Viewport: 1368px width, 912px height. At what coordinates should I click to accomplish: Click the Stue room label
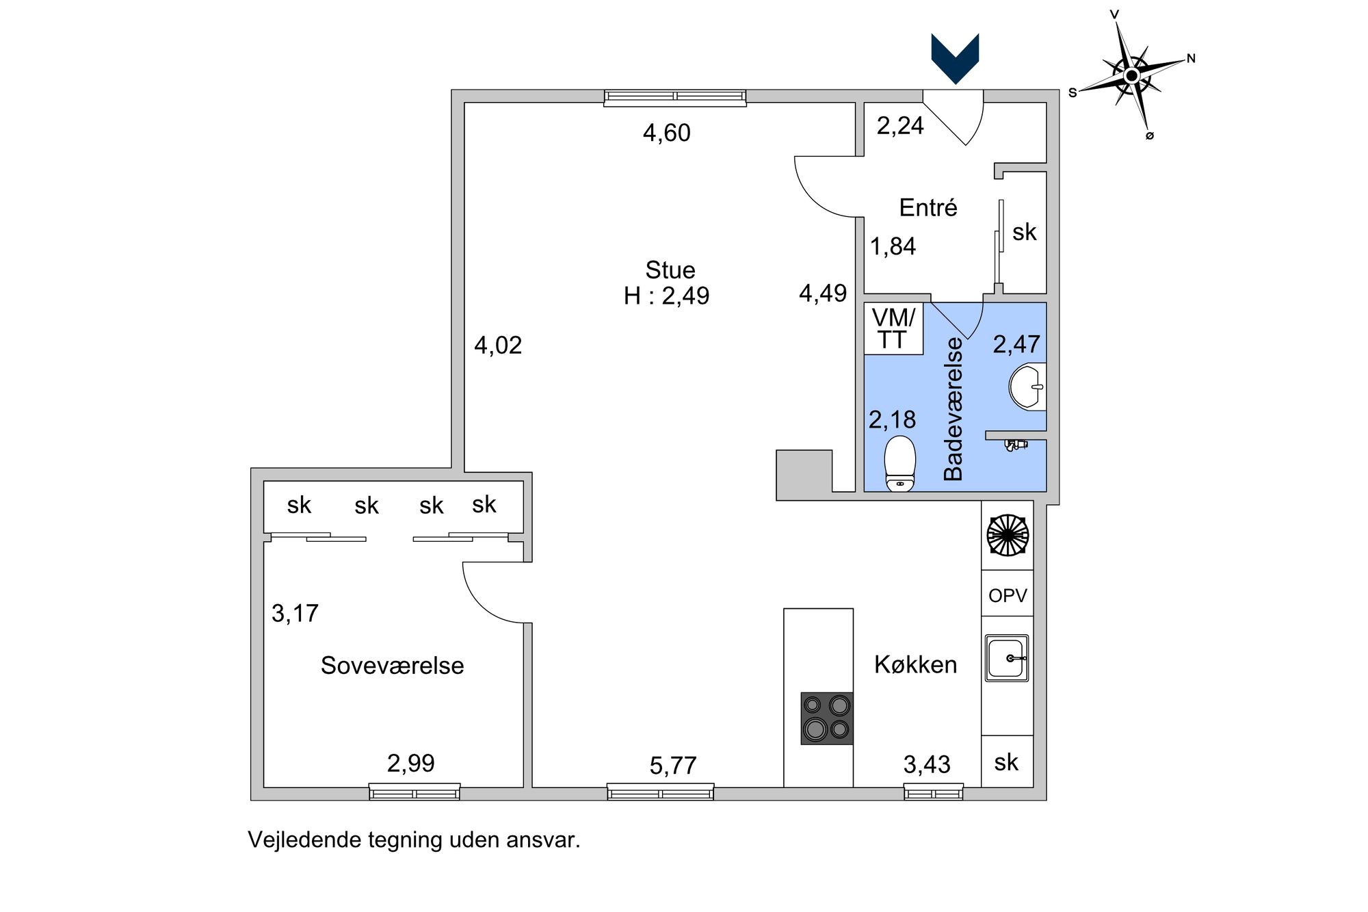click(x=670, y=270)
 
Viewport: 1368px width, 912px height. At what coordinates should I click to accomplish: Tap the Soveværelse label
click(x=392, y=665)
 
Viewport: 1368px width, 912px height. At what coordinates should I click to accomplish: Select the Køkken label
click(x=915, y=664)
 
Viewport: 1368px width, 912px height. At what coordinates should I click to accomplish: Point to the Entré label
click(x=928, y=207)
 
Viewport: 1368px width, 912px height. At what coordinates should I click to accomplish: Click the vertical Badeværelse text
click(x=953, y=409)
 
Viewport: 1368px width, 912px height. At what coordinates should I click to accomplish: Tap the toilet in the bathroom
click(x=900, y=463)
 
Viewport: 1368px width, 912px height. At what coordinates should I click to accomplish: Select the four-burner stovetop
click(x=827, y=718)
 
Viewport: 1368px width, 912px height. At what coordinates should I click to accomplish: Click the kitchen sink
click(x=1007, y=658)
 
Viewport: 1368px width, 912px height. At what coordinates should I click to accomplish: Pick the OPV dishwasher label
click(x=1008, y=595)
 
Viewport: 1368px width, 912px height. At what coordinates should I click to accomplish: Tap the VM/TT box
click(x=893, y=328)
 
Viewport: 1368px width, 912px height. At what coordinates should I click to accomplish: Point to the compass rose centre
click(x=1132, y=75)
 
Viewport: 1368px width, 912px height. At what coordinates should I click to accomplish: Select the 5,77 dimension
click(x=673, y=766)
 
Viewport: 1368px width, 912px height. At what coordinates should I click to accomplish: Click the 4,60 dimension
click(x=667, y=133)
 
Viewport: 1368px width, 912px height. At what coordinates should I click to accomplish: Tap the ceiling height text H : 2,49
click(x=666, y=296)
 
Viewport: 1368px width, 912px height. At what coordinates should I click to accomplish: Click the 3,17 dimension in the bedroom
click(x=295, y=613)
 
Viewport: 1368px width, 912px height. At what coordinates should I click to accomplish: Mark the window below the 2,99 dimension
click(x=415, y=792)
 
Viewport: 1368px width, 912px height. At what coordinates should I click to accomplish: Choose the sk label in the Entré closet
click(x=1024, y=232)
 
